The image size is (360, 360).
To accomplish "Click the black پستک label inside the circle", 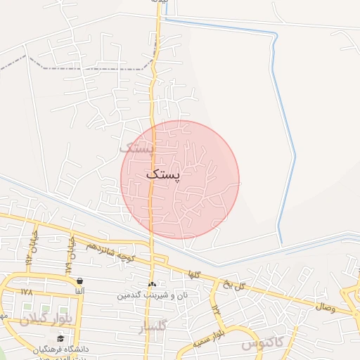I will (164, 174).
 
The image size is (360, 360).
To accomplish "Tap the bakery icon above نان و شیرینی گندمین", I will (152, 285).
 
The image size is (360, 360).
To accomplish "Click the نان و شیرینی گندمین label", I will (145, 296).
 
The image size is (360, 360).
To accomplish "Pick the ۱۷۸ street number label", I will (27, 292).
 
